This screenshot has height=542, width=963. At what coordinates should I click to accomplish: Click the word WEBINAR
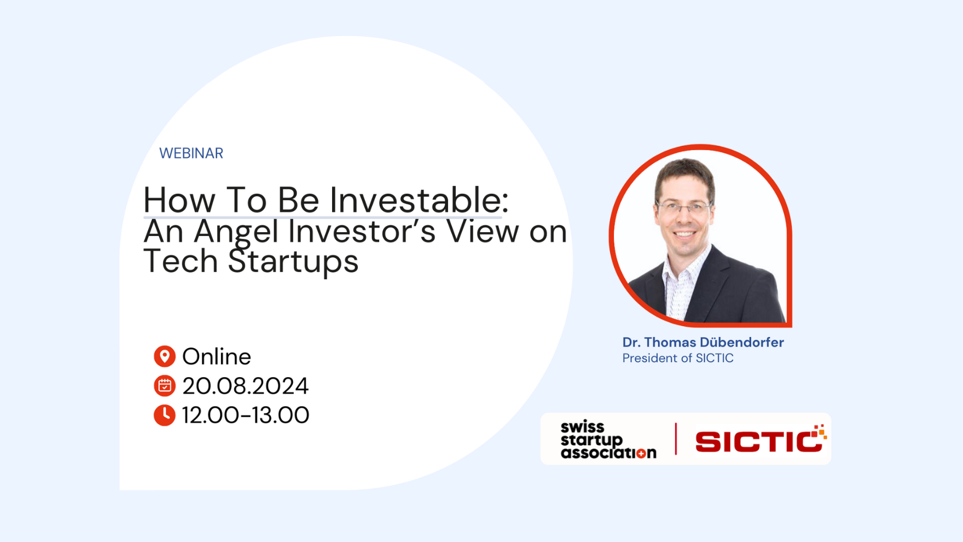pos(191,153)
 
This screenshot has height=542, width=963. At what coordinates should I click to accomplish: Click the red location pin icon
pos(164,356)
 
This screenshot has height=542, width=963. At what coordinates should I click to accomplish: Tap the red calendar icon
pos(164,386)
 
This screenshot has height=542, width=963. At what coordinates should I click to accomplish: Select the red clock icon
pos(164,415)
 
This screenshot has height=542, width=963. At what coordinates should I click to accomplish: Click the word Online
pos(217,357)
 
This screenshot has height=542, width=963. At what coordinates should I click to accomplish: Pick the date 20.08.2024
pos(245,386)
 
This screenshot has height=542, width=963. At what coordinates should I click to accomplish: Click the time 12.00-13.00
pos(245,415)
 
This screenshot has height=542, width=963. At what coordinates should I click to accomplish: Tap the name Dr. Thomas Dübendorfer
pos(703,342)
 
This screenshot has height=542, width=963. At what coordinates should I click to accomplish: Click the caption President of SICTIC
pos(678,358)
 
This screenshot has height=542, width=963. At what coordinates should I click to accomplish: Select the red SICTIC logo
pos(761,439)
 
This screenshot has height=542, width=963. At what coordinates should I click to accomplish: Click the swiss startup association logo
pos(608,439)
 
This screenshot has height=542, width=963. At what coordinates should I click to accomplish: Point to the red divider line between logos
pos(676,439)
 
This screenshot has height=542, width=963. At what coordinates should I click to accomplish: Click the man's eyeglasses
pos(684,207)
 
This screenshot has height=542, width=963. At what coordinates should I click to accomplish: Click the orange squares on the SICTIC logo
pos(819,432)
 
